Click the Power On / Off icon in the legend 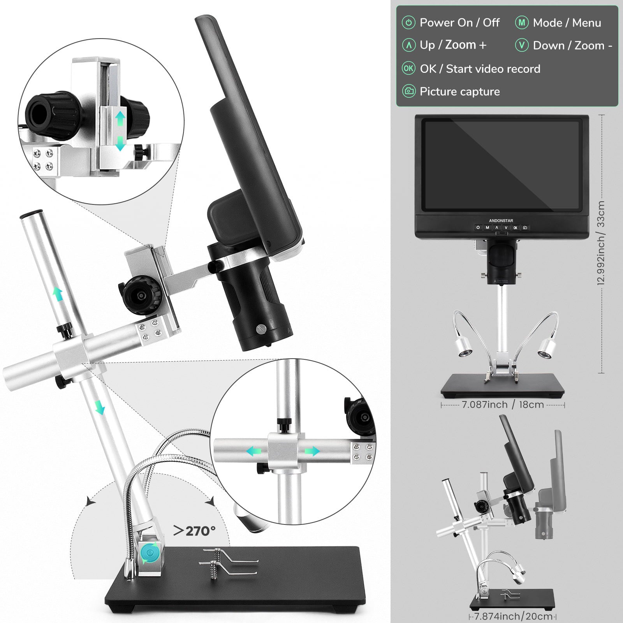408,23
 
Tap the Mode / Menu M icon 522,23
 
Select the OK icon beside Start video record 408,69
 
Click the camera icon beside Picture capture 408,92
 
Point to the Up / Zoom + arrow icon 408,45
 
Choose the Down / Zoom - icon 522,45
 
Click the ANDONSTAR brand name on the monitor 501,220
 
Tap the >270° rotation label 194,531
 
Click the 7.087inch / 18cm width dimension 503,405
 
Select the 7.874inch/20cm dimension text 513,616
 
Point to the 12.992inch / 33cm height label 601,243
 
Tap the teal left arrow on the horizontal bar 253,451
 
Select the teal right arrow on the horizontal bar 312,451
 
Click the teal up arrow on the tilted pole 58,294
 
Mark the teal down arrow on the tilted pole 100,407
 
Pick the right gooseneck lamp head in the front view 547,348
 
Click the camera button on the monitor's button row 525,227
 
